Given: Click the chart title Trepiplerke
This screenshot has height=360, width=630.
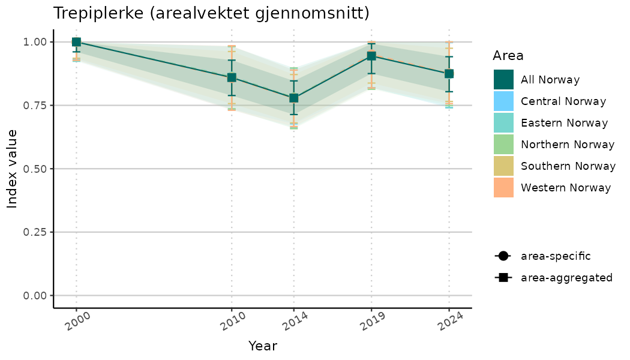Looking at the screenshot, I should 211,13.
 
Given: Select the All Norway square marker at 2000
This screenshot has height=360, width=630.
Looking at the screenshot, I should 76,42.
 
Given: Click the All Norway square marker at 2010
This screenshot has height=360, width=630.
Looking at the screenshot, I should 232,77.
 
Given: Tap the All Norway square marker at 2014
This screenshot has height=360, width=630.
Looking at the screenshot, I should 293,98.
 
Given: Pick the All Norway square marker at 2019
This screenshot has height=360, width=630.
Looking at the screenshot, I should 371,56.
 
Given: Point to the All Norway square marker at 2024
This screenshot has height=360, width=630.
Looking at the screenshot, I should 449,74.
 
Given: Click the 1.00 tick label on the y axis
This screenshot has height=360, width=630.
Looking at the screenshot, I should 35,42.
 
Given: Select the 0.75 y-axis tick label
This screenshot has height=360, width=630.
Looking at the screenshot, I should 35,106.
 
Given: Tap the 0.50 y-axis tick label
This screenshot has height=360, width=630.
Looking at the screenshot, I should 35,169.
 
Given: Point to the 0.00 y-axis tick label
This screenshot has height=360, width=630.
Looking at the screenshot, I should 35,295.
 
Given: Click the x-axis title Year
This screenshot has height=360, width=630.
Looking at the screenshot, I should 263,346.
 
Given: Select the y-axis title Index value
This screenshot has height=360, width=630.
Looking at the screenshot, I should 13,169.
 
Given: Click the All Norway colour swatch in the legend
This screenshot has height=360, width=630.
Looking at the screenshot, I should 504,80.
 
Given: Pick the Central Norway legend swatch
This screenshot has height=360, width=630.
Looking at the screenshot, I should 504,101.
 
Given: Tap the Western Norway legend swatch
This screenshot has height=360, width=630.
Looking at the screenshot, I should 504,188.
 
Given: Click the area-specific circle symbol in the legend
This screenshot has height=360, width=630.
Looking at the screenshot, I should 502,256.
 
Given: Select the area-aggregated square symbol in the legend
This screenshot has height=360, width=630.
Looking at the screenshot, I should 502,278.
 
